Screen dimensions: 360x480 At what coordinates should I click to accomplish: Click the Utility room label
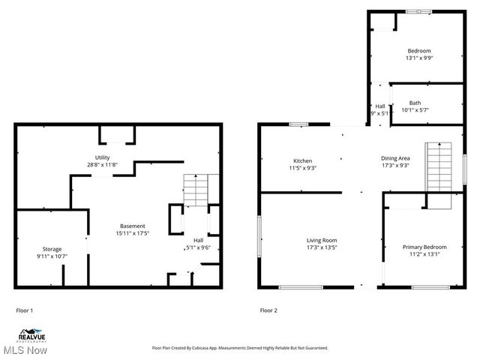pyautogui.click(x=103, y=157)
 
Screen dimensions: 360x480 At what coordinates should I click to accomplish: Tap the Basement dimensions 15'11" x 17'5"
pyautogui.click(x=132, y=233)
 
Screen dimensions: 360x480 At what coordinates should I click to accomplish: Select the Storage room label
pyautogui.click(x=52, y=249)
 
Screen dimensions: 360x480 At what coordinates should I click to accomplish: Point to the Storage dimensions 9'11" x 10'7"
pyautogui.click(x=52, y=256)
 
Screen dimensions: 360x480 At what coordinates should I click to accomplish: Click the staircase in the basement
pyautogui.click(x=195, y=190)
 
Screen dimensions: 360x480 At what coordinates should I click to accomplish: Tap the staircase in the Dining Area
pyautogui.click(x=439, y=167)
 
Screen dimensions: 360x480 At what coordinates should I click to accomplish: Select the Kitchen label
pyautogui.click(x=302, y=160)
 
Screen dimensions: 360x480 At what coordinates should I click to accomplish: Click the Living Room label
pyautogui.click(x=321, y=240)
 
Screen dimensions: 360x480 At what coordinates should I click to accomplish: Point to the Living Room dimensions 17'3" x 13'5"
pyautogui.click(x=321, y=247)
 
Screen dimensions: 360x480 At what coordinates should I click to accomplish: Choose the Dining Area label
pyautogui.click(x=394, y=158)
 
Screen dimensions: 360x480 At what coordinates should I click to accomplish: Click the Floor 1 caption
pyautogui.click(x=25, y=310)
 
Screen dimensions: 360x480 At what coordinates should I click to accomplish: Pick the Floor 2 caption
pyautogui.click(x=268, y=310)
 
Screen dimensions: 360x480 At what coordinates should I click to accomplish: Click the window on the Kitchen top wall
pyautogui.click(x=299, y=124)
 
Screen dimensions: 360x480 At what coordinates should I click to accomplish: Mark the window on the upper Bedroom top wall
pyautogui.click(x=418, y=10)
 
